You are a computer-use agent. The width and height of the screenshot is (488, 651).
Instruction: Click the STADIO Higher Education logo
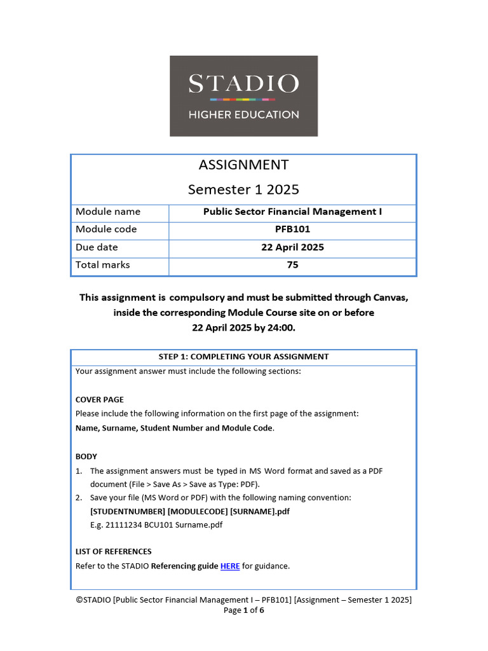click(243, 96)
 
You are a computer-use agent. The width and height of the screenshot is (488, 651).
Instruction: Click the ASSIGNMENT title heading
click(243, 165)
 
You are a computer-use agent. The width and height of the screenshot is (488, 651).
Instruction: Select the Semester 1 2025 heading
click(243, 189)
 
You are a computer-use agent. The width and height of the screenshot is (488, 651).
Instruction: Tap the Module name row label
click(108, 212)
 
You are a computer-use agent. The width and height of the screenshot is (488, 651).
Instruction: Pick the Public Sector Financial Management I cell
click(292, 212)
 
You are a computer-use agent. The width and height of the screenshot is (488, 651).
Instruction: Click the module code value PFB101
click(292, 230)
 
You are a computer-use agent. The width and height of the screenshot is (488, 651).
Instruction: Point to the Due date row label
click(97, 247)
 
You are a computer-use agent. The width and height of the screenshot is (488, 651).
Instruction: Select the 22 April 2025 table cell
click(292, 247)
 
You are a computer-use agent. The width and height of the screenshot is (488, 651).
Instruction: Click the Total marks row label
click(102, 265)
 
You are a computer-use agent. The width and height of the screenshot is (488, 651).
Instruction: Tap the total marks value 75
click(292, 265)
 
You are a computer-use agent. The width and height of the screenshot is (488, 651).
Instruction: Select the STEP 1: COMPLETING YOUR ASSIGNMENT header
click(243, 357)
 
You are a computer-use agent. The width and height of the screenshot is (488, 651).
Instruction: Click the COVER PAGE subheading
click(100, 400)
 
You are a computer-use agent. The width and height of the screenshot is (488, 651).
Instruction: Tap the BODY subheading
click(86, 456)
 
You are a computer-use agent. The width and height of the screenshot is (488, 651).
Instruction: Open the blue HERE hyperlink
click(230, 566)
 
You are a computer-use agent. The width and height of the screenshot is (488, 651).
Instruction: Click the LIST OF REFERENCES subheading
click(114, 551)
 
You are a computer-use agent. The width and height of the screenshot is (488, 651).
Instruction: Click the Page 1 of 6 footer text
click(243, 610)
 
